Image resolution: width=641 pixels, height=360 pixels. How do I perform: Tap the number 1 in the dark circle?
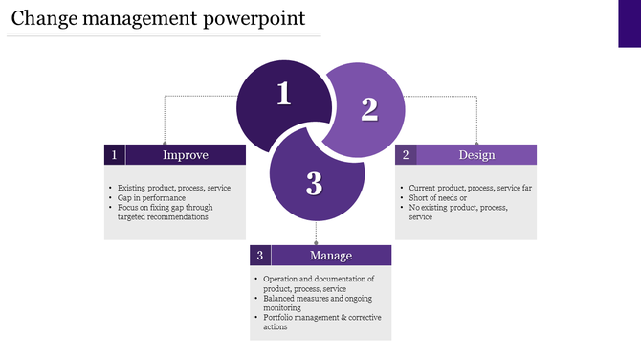pos(283,94)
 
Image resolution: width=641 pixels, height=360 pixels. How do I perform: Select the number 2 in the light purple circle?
pos(369,109)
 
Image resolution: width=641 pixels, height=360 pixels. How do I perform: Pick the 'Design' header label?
pos(476,154)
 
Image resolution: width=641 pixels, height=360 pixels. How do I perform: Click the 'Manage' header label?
pos(331,256)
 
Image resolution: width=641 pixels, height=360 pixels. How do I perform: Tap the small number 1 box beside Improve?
pos(115,154)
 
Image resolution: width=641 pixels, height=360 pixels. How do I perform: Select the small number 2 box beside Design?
pos(407,154)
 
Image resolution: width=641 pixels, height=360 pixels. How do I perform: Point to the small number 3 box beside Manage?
pos(260,256)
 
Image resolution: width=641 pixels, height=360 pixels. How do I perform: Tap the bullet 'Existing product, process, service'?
pos(173,188)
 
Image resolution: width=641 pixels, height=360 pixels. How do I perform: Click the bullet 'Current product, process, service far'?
pos(470,188)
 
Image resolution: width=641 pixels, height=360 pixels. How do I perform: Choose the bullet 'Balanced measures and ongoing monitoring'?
pos(318,303)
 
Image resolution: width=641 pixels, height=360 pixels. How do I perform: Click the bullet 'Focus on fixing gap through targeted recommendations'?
pos(165,212)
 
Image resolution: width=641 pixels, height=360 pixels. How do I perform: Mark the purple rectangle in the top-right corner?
pos(629,23)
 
